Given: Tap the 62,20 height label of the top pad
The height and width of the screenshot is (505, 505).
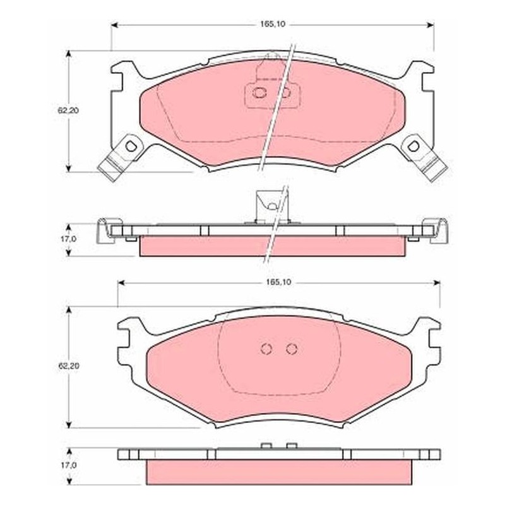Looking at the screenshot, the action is click(68, 110).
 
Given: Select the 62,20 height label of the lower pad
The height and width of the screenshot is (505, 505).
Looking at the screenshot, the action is click(68, 366).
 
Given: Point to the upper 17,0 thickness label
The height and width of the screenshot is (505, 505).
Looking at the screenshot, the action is click(69, 239).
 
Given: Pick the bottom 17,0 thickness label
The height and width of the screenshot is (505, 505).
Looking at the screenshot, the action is click(69, 465).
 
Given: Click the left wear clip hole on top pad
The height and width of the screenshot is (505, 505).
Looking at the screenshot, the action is click(131, 146).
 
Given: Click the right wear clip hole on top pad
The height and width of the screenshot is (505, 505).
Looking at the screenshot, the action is click(413, 146).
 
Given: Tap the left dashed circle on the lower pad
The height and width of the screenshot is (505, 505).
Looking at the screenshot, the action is click(266, 349).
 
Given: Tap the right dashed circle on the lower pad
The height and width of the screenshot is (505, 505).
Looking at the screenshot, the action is click(292, 349).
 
